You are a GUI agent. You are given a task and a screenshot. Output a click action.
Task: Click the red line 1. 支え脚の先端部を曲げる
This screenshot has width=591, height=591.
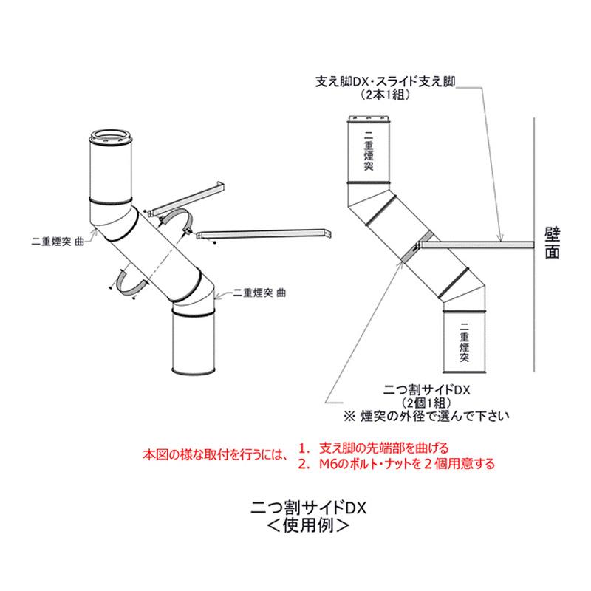click(374, 448)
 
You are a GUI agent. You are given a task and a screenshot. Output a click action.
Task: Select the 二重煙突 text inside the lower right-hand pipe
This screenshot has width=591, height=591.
click(463, 341)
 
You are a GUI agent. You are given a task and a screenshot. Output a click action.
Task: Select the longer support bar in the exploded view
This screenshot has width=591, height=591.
click(266, 235)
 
